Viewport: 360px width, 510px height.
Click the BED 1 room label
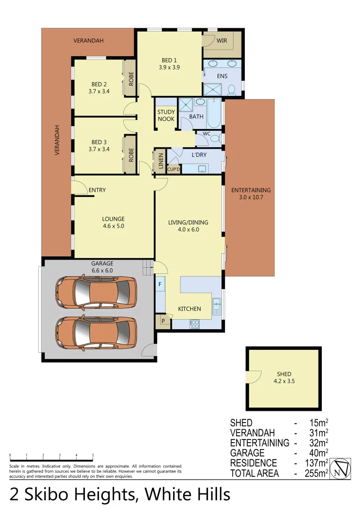[169, 60]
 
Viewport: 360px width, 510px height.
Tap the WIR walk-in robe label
[222, 41]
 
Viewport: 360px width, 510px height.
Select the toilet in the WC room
[215, 138]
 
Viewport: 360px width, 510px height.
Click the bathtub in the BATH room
[214, 113]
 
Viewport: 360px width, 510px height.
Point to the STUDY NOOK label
[166, 116]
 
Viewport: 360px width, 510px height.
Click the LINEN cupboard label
[160, 161]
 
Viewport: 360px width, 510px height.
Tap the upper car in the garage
[96, 292]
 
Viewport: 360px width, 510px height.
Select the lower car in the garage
[96, 332]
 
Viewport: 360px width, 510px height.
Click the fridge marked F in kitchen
[160, 284]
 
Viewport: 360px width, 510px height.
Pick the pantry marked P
[163, 321]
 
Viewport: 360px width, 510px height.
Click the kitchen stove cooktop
[194, 324]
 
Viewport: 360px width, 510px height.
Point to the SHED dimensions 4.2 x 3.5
[284, 381]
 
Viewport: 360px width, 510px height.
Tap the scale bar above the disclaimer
[51, 459]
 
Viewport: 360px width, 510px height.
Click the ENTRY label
[97, 190]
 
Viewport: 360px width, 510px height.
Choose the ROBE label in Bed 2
[131, 78]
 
